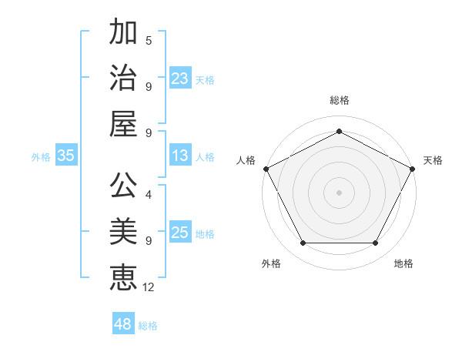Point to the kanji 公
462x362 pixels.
(x=123, y=186)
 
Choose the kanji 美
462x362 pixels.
(x=123, y=231)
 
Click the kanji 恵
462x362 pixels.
(x=123, y=277)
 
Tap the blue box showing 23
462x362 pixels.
(x=180, y=78)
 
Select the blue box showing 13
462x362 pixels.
(x=180, y=156)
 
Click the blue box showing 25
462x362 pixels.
(x=180, y=233)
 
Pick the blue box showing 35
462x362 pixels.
(x=65, y=156)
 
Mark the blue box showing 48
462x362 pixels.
(x=123, y=324)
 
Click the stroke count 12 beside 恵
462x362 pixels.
(x=149, y=287)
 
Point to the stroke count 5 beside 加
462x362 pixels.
(x=149, y=40)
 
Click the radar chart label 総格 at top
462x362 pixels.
(x=339, y=100)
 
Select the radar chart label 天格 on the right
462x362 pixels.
(x=433, y=160)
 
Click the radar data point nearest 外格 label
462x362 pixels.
(x=303, y=243)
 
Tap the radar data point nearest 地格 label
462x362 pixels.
(x=376, y=243)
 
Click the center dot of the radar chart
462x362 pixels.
(x=339, y=192)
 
